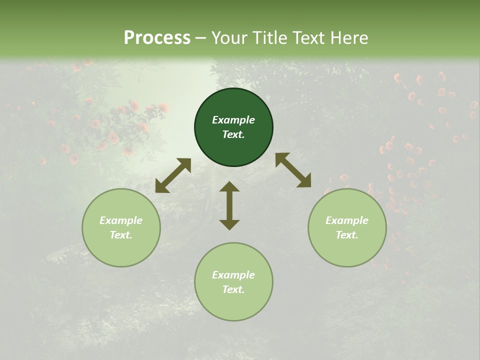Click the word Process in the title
click(x=157, y=38)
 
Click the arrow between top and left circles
click(x=173, y=175)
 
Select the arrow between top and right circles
click(x=293, y=170)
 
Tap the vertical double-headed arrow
click(x=229, y=205)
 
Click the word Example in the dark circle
click(x=233, y=120)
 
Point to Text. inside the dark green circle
click(x=233, y=134)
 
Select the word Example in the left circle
click(x=121, y=220)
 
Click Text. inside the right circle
click(x=347, y=235)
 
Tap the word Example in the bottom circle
click(x=233, y=275)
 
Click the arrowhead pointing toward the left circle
click(x=161, y=186)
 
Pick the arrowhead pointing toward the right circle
click(x=304, y=181)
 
